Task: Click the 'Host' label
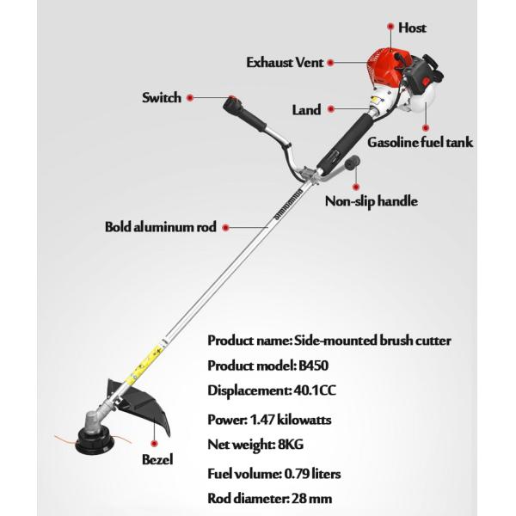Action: pos(413,28)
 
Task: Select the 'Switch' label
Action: pos(161,97)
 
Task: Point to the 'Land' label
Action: pos(306,110)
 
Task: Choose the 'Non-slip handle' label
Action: pos(371,202)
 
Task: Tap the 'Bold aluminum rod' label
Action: pos(160,228)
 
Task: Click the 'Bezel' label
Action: pos(157,459)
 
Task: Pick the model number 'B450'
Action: pos(314,365)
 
